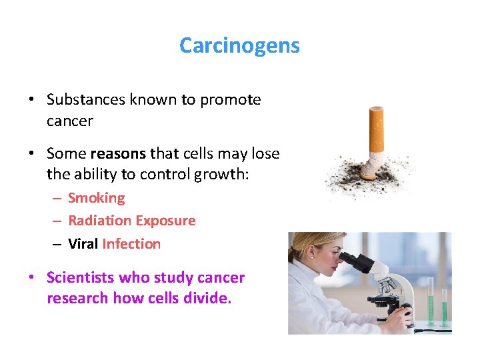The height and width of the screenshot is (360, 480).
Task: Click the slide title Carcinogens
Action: pyautogui.click(x=239, y=45)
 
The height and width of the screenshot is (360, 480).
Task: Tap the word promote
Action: pyautogui.click(x=230, y=100)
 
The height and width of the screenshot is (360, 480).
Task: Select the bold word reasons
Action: pyautogui.click(x=120, y=154)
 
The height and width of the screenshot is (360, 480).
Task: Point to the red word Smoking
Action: pyautogui.click(x=96, y=198)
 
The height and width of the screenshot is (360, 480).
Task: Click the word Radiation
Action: pyautogui.click(x=99, y=221)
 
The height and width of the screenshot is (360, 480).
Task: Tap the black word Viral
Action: pyautogui.click(x=83, y=244)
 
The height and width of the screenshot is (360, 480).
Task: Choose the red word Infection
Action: pyautogui.click(x=131, y=244)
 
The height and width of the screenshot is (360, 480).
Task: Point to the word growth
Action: pyautogui.click(x=191, y=176)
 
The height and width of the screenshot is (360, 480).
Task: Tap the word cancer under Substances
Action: pyautogui.click(x=70, y=121)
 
